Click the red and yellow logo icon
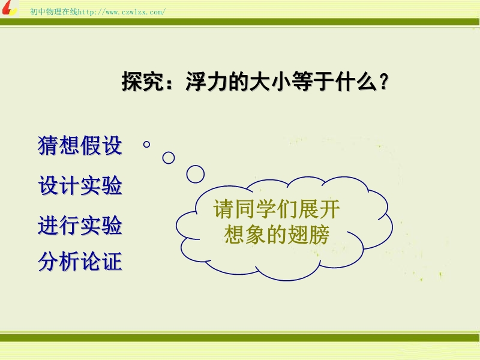point(9,8)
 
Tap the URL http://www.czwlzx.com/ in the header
point(122,12)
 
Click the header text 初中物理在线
point(54,11)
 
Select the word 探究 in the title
point(142,82)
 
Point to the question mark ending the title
point(383,82)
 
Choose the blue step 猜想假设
point(80,145)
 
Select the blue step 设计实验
point(80,185)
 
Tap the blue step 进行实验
point(80,225)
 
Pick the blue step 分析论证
point(80,261)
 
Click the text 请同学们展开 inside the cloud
point(277,209)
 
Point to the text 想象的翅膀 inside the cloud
point(277,235)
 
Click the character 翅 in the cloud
point(298,235)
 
